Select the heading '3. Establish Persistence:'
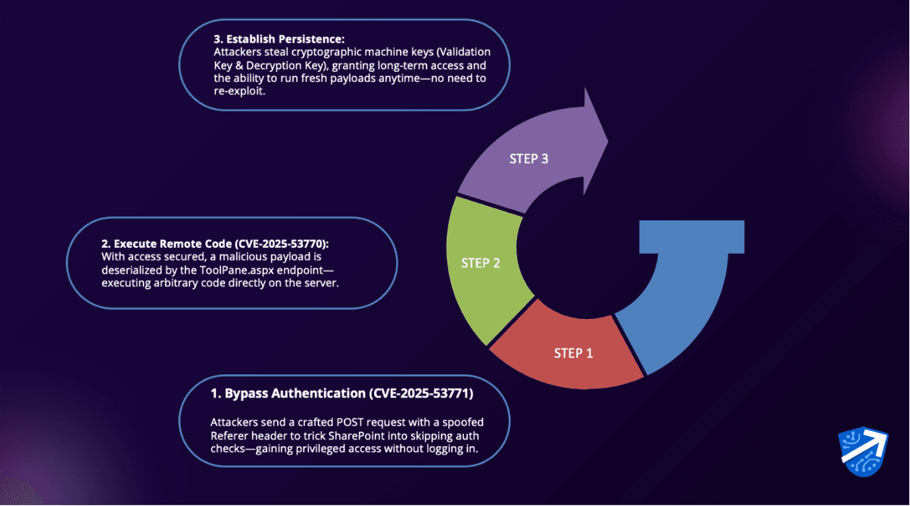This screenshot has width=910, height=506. pyautogui.click(x=279, y=39)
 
